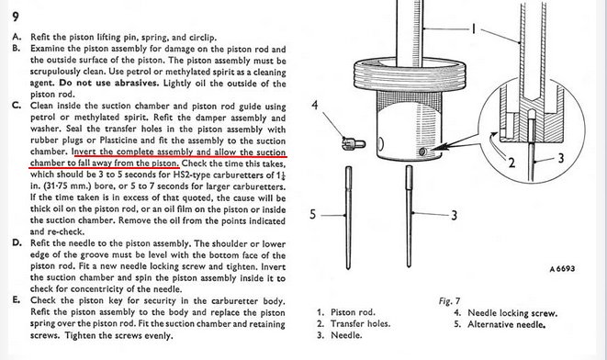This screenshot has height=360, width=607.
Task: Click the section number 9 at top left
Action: click(x=16, y=17)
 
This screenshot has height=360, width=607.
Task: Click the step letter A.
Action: click(x=17, y=37)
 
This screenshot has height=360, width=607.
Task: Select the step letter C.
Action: click(x=17, y=106)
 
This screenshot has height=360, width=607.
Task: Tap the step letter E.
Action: click(x=17, y=300)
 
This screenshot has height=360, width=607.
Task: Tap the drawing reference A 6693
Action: click(x=562, y=269)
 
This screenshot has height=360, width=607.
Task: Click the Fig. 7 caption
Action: click(x=449, y=301)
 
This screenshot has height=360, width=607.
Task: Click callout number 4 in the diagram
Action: click(x=315, y=105)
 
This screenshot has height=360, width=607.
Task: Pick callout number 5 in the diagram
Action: click(x=313, y=214)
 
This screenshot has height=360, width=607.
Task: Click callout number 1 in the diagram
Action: click(x=473, y=28)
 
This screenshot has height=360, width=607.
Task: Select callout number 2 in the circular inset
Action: click(x=511, y=163)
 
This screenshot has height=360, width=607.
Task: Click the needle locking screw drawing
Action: click(x=354, y=143)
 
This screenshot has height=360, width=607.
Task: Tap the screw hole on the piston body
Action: click(x=422, y=152)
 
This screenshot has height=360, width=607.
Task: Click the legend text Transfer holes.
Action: click(x=360, y=323)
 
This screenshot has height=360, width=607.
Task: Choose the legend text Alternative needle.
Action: click(x=506, y=324)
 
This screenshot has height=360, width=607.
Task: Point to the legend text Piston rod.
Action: click(x=353, y=312)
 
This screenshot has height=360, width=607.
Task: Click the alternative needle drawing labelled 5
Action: click(x=348, y=218)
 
